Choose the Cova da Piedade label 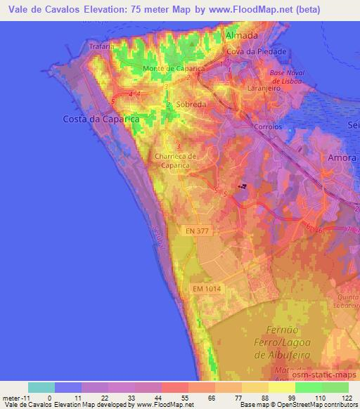tap(256, 52)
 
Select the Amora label tap(342, 158)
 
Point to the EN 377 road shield tap(199, 230)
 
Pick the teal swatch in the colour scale tap(41, 387)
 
